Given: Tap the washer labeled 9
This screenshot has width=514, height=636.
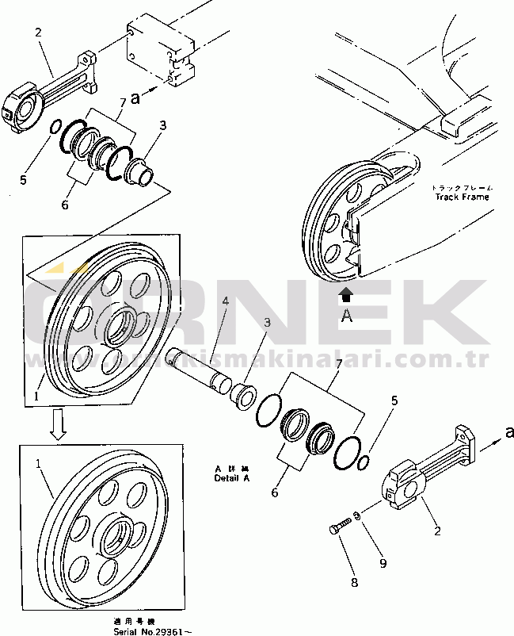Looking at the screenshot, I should [x=358, y=516].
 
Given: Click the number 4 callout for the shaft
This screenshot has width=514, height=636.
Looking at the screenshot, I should [x=225, y=301].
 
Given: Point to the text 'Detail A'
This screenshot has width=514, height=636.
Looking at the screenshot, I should [x=232, y=479].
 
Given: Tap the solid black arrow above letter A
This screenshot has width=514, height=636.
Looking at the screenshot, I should [x=345, y=297].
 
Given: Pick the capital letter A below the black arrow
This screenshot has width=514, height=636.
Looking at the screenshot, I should [x=345, y=316].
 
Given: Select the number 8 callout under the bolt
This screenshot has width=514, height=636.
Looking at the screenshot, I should [x=354, y=583].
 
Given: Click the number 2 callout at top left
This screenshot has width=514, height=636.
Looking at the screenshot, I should [x=37, y=33].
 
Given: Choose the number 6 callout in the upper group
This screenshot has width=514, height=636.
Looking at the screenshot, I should [x=65, y=205].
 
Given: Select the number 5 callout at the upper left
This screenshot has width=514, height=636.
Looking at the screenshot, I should [x=23, y=179].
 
